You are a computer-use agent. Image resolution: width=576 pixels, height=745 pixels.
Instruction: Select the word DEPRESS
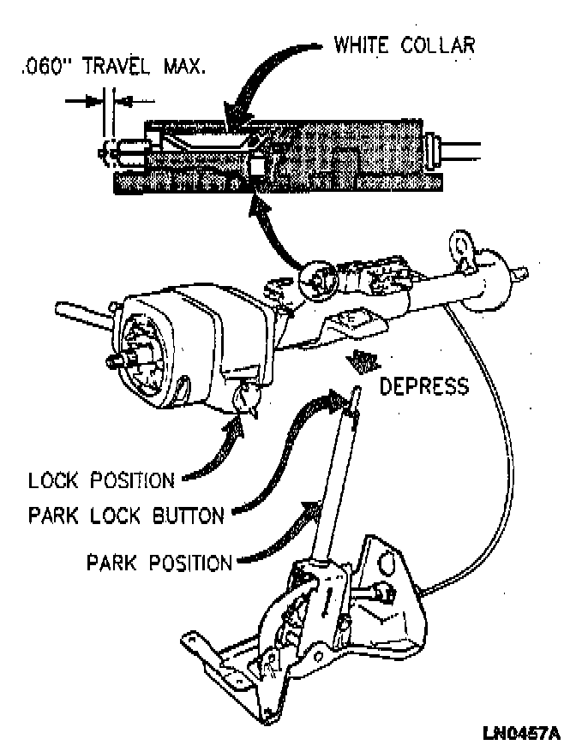pyautogui.click(x=424, y=386)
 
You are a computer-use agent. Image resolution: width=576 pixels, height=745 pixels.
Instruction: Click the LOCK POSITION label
pyautogui.click(x=101, y=480)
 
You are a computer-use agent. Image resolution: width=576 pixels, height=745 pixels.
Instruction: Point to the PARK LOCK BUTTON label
pyautogui.click(x=126, y=516)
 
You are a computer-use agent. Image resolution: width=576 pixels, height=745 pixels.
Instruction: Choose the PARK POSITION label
pyautogui.click(x=159, y=563)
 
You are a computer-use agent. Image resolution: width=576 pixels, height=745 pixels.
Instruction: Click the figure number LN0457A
pyautogui.click(x=520, y=733)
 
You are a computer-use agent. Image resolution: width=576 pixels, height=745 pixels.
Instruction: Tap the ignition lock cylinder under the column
pyautogui.click(x=247, y=397)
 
